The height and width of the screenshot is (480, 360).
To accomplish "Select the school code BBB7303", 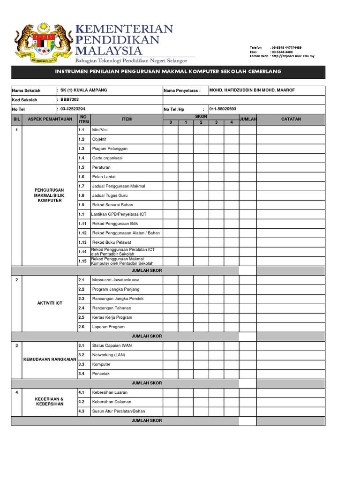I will coord(71,99).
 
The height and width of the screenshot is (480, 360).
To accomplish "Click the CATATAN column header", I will coord(291,120).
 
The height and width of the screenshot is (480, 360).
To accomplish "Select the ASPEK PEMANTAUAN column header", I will coord(50,120).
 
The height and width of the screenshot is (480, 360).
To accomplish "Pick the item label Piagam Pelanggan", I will coord(110,149).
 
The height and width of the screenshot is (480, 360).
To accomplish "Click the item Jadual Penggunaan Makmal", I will coord(119,186).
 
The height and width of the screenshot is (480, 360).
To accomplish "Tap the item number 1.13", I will coord(83,242).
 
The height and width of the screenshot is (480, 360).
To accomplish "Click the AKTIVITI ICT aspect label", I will coord(50,303).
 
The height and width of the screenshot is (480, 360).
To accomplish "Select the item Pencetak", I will coord(101,374).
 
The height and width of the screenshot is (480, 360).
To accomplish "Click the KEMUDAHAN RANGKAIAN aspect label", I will coord(50,360).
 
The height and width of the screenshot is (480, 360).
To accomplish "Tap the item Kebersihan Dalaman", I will coord(112,402).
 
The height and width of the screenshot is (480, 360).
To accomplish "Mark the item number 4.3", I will coord(82,411).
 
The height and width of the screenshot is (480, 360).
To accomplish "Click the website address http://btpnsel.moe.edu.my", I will coord(293,56).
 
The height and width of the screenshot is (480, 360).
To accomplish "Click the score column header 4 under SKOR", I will coord(232,122).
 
